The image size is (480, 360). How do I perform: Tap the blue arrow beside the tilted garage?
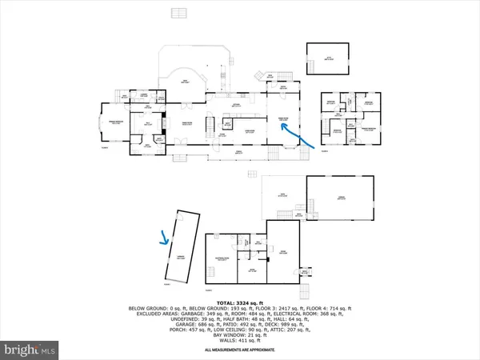166,237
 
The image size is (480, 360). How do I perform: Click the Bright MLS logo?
30,350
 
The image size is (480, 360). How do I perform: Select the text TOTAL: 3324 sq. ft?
239,301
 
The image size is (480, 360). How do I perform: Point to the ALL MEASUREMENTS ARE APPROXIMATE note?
239,350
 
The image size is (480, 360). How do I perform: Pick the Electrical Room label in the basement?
222,258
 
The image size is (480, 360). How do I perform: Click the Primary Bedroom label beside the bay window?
114,122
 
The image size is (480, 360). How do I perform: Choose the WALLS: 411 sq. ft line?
239,342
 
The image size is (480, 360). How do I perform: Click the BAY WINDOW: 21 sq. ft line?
239,335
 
